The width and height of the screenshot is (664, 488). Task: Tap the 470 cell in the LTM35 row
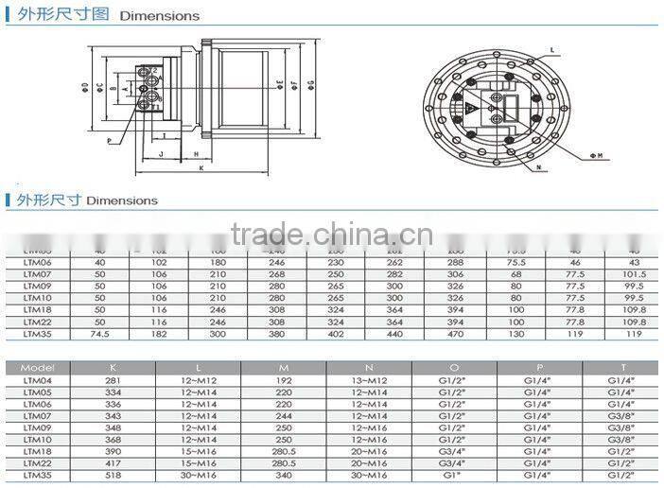456,334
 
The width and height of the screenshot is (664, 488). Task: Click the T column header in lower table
620,367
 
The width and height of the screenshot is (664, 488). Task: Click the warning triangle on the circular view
469,110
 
